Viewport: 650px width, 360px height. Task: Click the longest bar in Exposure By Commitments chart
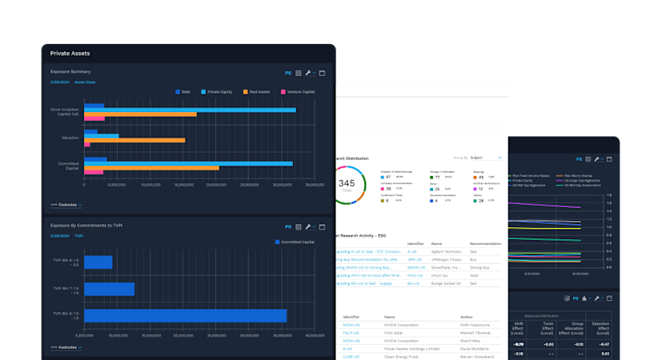[x=185, y=315]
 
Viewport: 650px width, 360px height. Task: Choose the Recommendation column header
[x=485, y=242]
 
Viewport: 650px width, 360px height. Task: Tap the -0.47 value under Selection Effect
[x=604, y=343]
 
